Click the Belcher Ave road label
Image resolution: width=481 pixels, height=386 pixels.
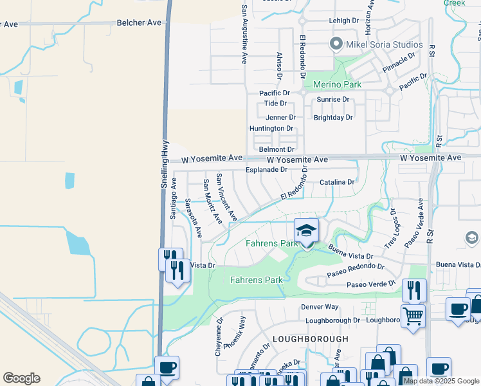(x=139, y=22)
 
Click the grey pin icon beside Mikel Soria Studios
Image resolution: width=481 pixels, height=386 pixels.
(x=335, y=44)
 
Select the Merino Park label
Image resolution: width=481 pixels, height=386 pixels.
(x=337, y=84)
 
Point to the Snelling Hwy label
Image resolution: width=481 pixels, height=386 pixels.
(x=164, y=164)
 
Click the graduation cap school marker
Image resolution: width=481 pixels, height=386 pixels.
(x=307, y=231)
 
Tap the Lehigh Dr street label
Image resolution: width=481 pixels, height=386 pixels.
(x=343, y=21)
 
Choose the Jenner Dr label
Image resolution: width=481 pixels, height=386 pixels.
(x=281, y=118)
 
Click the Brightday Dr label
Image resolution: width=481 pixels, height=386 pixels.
(x=333, y=118)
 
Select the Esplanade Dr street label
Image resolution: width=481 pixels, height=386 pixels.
(x=266, y=170)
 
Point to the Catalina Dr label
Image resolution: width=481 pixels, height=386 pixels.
(x=337, y=182)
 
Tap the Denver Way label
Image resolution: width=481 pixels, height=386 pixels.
(x=320, y=307)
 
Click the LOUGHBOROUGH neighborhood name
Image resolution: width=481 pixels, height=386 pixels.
(x=305, y=338)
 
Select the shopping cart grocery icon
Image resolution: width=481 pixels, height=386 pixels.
(x=412, y=316)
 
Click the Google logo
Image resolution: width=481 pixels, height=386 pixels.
(x=21, y=378)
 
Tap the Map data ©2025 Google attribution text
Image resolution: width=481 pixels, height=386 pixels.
(x=441, y=381)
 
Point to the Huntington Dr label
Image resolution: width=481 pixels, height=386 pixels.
(x=271, y=129)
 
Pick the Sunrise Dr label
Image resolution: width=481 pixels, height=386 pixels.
(x=332, y=100)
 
